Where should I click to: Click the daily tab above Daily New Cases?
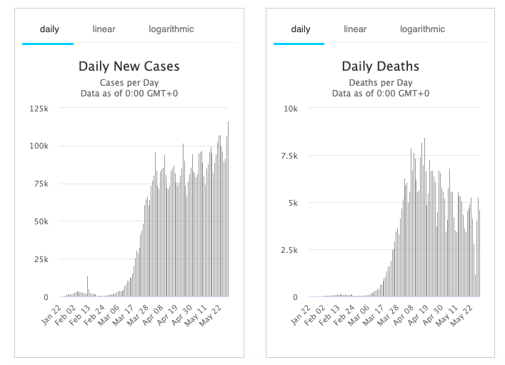tap(49, 29)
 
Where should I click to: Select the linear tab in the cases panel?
tap(104, 29)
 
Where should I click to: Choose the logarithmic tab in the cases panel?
tap(171, 29)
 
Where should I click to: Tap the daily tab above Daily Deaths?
tap(301, 29)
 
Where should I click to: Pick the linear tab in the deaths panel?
tap(355, 29)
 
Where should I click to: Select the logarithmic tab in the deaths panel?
tap(422, 29)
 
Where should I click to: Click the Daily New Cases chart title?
tap(129, 66)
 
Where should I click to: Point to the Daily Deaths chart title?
tap(380, 66)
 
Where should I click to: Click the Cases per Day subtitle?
tap(129, 82)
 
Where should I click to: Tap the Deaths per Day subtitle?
tap(380, 82)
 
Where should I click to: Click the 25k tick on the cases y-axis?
tap(40, 259)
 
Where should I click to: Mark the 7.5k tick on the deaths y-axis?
tap(289, 156)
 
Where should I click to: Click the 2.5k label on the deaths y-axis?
tap(289, 250)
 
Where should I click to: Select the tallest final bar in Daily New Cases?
tap(228, 123)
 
